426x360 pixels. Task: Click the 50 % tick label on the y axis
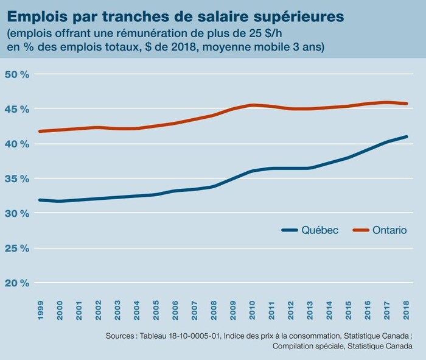click(x=16, y=74)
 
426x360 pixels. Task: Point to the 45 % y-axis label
click(x=16, y=109)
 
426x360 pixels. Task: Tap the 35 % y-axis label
click(x=16, y=178)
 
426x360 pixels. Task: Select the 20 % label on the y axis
click(x=16, y=283)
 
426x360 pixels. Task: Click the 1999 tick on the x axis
click(x=40, y=309)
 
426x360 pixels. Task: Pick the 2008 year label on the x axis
click(x=212, y=309)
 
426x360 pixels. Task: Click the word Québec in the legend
click(x=320, y=230)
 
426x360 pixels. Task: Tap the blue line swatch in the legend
click(x=290, y=230)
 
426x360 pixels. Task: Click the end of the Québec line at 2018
click(x=406, y=136)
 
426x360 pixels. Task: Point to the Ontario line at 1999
click(x=40, y=131)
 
